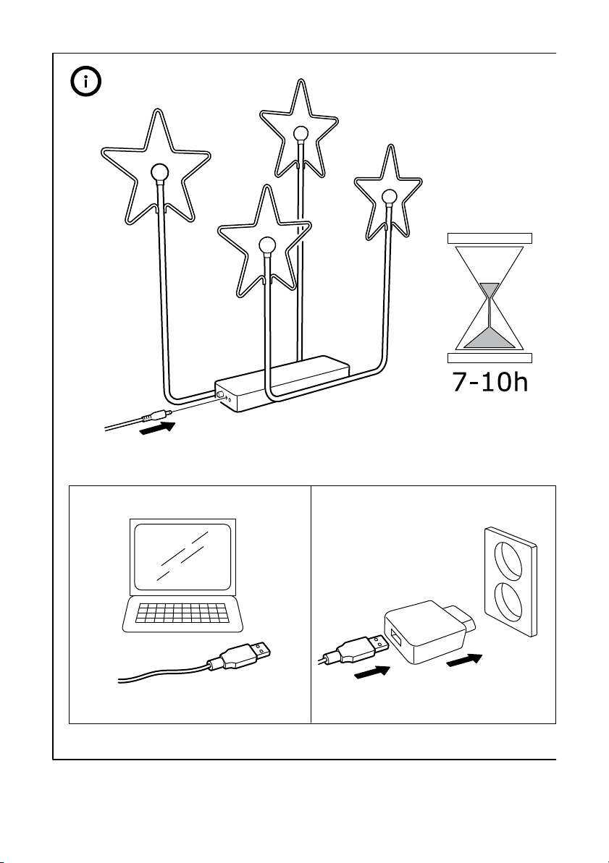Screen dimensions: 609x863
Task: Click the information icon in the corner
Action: coord(87,82)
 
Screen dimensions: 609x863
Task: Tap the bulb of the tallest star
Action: coord(300,132)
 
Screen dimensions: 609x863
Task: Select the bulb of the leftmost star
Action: coord(159,172)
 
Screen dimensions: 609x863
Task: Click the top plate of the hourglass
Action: coord(490,237)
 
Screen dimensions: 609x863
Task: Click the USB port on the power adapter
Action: coord(396,637)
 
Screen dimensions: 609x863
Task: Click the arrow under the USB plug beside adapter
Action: coord(371,673)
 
